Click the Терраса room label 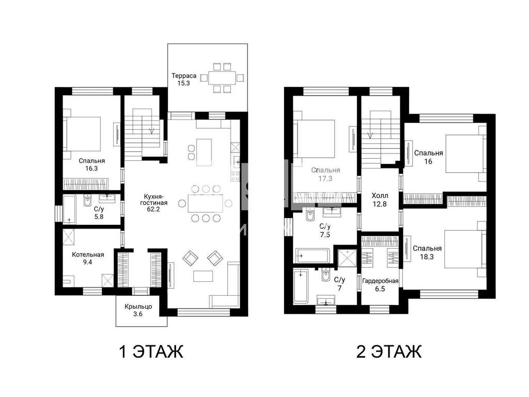point(183,75)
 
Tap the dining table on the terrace point(222,78)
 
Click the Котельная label point(88,254)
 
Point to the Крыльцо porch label point(138,307)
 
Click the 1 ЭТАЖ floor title point(151,352)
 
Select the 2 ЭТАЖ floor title point(389,352)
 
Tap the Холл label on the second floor point(380,196)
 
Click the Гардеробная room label point(380,281)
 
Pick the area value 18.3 point(427,256)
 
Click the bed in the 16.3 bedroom point(83,134)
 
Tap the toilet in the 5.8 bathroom point(87,201)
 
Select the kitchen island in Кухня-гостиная point(204,152)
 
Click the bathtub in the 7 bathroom point(301,285)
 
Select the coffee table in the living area point(203,276)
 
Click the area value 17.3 point(325,178)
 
